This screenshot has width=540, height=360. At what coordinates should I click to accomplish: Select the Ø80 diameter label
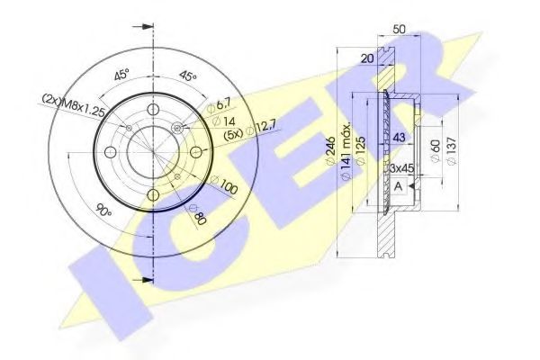point(198,216)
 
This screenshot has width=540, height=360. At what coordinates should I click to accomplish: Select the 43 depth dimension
point(400,136)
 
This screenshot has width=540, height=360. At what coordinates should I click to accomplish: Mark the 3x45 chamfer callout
point(400,168)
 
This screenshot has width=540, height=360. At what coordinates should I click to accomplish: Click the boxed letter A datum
point(398,186)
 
